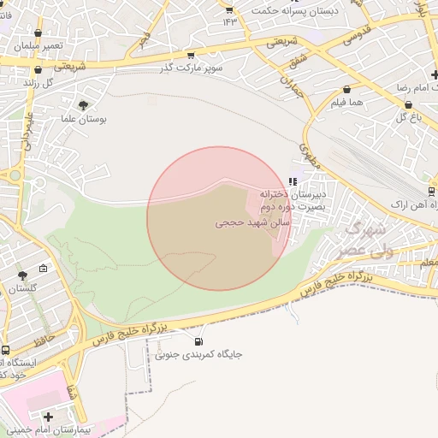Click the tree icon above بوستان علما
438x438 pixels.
point(82,105)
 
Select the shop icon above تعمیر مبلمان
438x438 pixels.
point(38,33)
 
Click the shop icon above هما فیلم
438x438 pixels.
point(346,89)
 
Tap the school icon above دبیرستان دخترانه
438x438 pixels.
point(293,181)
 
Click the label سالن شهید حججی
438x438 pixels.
point(252,222)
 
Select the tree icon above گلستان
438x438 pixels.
point(22,275)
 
